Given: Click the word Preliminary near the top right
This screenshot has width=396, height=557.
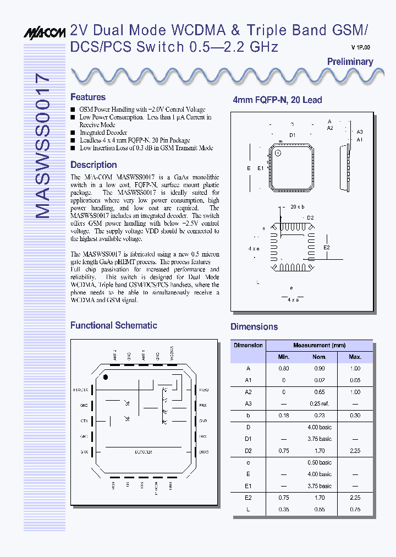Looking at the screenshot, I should [x=350, y=62].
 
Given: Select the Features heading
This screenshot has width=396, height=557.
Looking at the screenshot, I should [x=88, y=97].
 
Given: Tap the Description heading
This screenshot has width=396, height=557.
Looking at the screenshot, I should [x=94, y=165].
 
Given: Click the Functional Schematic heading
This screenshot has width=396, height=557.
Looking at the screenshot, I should [x=114, y=325].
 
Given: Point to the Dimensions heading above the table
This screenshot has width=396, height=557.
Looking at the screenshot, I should [x=254, y=326].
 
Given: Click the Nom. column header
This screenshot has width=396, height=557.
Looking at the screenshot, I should [x=320, y=357].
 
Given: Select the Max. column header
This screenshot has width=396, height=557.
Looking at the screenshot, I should [x=355, y=357].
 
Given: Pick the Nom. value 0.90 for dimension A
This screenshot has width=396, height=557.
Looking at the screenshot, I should [x=320, y=369].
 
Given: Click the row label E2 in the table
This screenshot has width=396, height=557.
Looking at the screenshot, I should [x=248, y=498].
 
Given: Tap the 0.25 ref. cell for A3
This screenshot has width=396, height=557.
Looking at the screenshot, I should [x=320, y=404].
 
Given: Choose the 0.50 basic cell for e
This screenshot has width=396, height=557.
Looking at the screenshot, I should [x=320, y=462].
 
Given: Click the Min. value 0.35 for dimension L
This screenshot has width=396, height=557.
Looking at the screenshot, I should [x=284, y=509].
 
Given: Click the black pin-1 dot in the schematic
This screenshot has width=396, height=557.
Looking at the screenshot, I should [x=106, y=377].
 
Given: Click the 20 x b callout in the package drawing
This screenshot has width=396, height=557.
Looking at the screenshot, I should [x=298, y=206].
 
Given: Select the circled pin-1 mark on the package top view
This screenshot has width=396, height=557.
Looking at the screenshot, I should [x=278, y=152].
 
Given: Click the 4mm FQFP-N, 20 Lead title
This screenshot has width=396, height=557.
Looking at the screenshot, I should [x=277, y=100].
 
